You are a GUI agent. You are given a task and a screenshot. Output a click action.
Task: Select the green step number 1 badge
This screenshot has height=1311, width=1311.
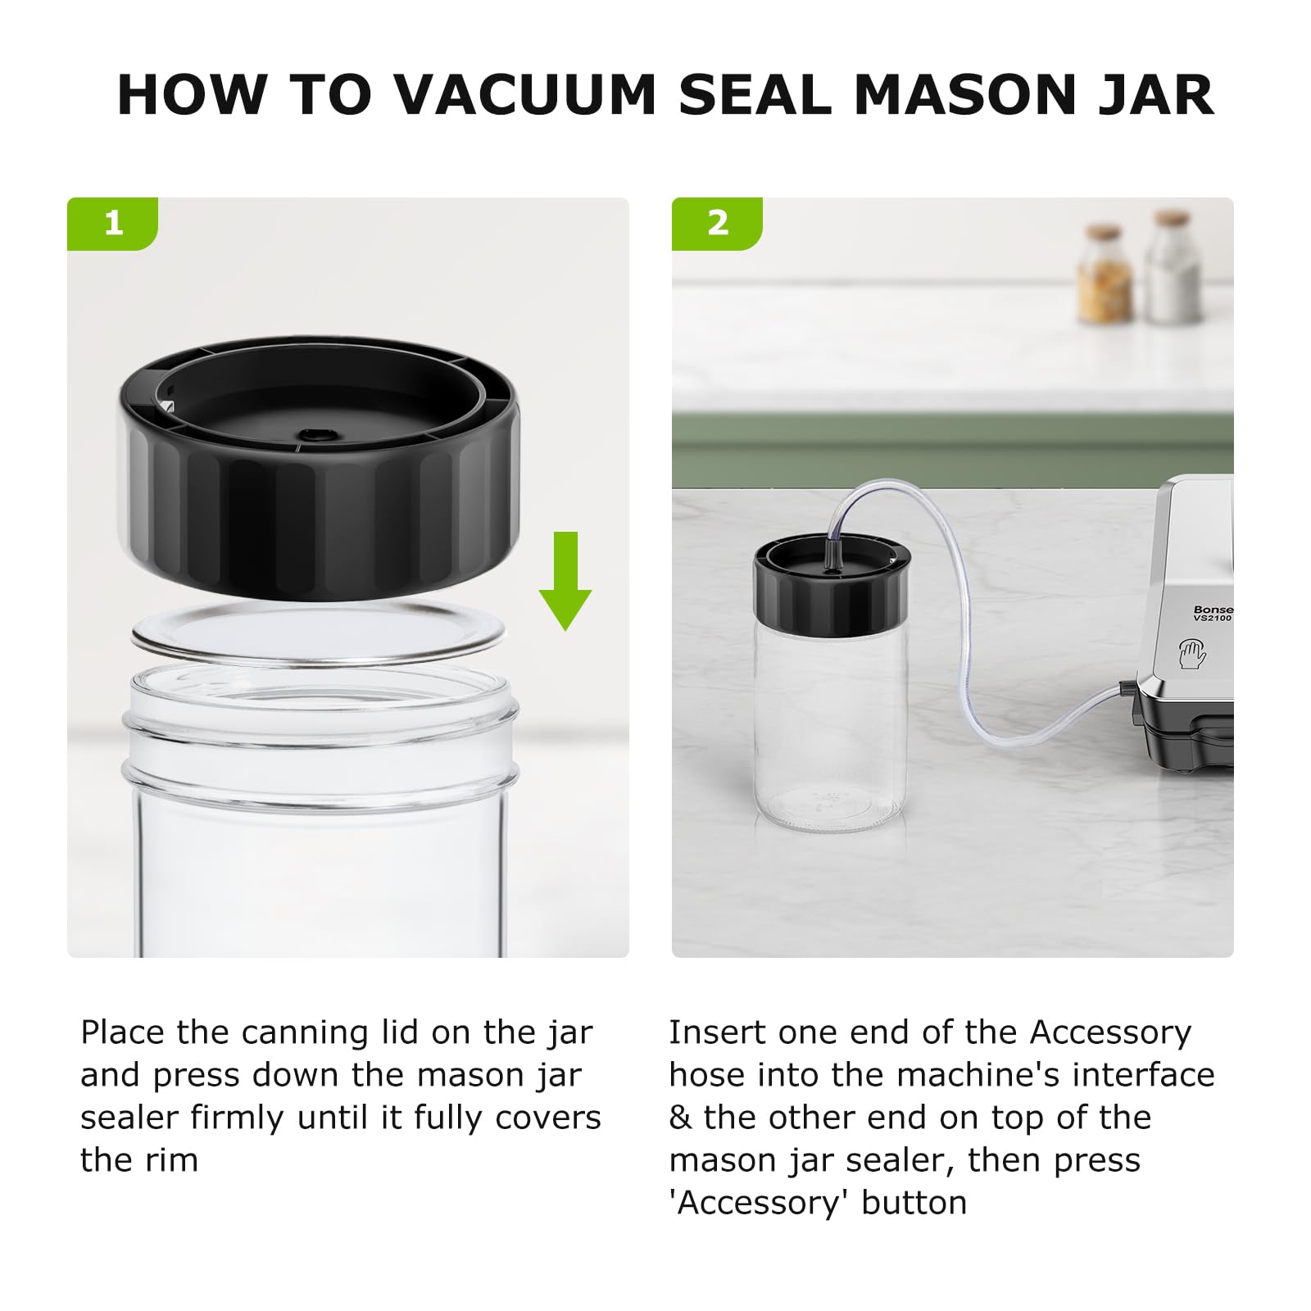[113, 223]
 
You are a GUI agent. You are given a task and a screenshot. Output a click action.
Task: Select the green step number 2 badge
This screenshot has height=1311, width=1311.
[717, 223]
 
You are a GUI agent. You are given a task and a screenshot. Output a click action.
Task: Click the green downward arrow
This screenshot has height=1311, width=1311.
[565, 580]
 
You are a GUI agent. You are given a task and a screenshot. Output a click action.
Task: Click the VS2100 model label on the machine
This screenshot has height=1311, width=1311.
[1213, 618]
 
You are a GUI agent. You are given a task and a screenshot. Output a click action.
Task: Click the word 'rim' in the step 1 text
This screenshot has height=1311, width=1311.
[174, 1160]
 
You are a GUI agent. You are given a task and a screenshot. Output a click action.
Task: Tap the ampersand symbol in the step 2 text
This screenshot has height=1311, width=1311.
[680, 1118]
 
